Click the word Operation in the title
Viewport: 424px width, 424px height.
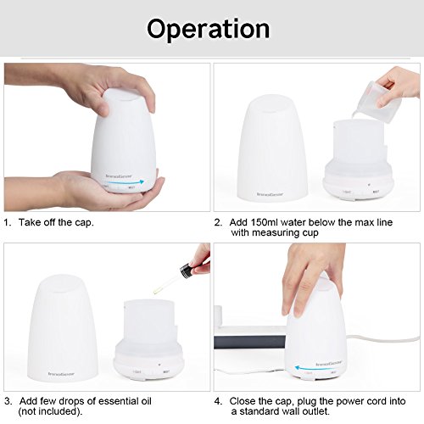pyautogui.click(x=209, y=28)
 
